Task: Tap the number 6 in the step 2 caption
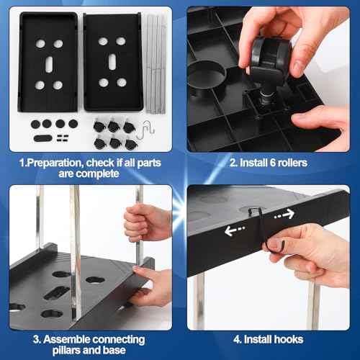(272, 163)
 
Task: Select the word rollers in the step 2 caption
(292, 163)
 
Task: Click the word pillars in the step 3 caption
(66, 350)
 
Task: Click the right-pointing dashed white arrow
(284, 215)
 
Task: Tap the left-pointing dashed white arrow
(235, 230)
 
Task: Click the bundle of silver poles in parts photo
(156, 63)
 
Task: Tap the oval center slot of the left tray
(49, 64)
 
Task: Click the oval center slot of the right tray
(112, 62)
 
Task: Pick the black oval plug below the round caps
(43, 138)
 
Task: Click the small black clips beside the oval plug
(63, 138)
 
